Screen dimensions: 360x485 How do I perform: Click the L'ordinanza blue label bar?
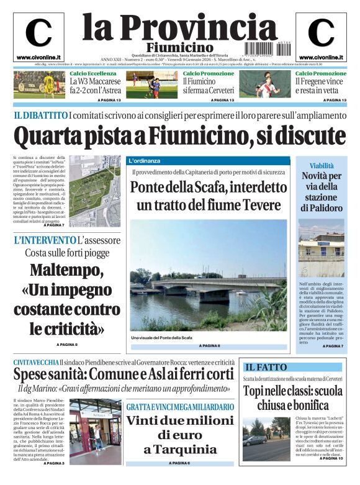tap(145, 160)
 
